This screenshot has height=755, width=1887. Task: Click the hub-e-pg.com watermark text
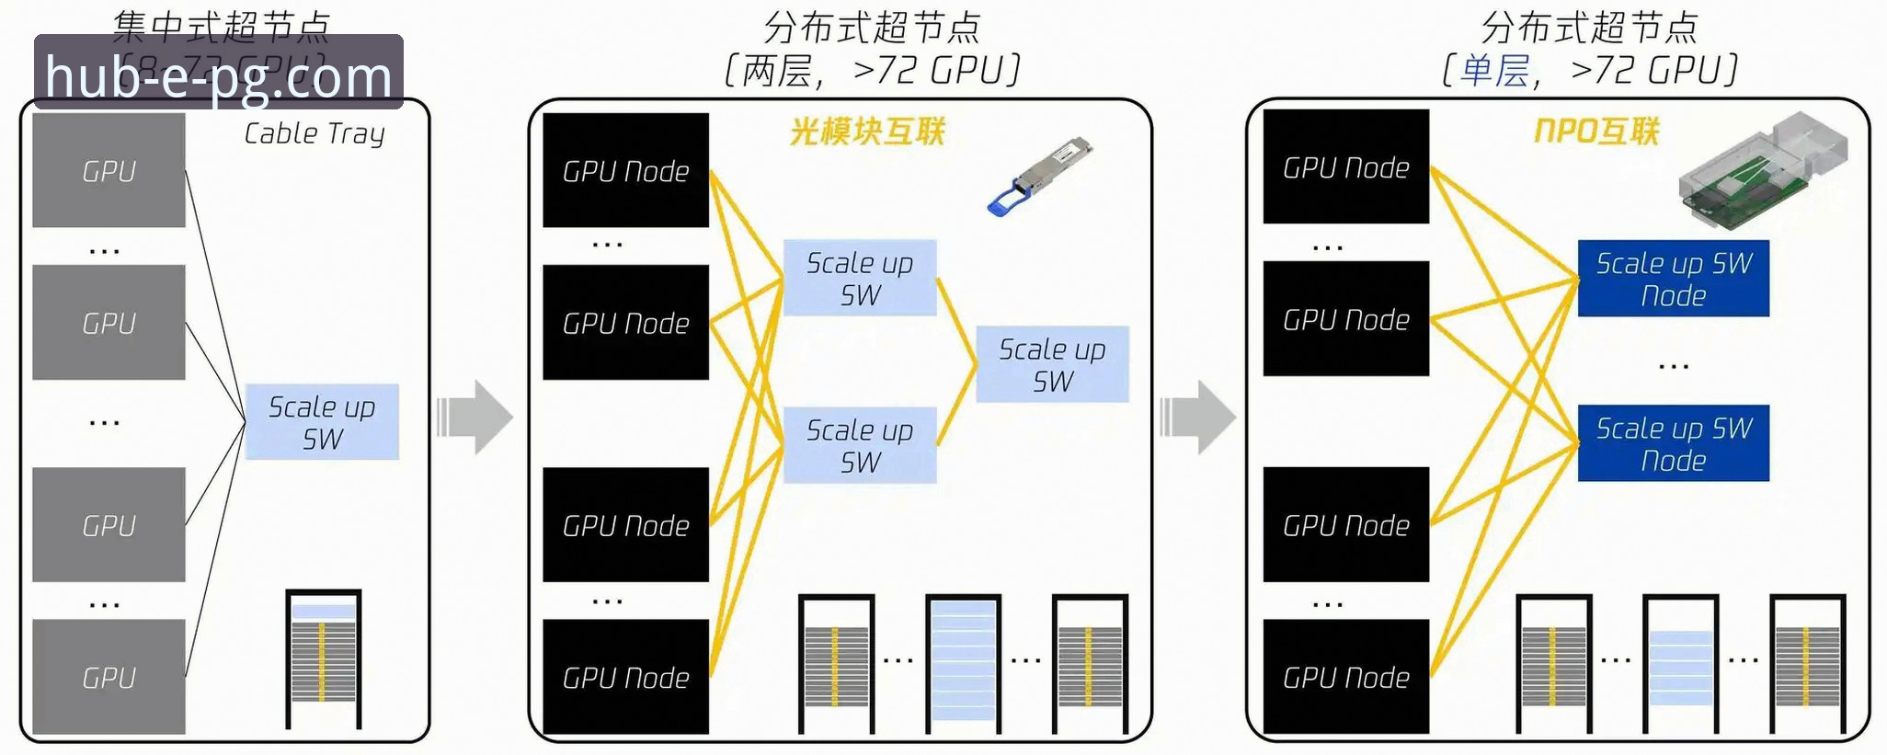218,76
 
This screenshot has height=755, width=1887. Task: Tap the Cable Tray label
314,134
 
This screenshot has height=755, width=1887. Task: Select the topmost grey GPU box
109,170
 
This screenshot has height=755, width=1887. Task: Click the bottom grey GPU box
109,676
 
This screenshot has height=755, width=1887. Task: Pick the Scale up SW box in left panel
322,422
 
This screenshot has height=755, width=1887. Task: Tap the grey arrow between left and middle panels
475,417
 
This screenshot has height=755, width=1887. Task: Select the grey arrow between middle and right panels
1197,417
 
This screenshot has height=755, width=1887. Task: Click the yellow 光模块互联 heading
867,132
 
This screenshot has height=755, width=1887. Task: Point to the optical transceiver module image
1039,177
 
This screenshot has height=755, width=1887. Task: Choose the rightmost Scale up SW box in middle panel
1052,364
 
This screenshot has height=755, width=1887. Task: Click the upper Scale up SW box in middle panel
860,278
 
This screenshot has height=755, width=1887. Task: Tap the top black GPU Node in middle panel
625,170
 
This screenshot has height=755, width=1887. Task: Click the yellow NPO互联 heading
1596,132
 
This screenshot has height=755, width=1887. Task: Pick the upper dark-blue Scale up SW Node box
1673,279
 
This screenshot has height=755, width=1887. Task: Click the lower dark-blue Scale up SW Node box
1673,443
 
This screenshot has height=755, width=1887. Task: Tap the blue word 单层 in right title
1494,71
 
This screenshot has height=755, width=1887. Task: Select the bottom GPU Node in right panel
1345,677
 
